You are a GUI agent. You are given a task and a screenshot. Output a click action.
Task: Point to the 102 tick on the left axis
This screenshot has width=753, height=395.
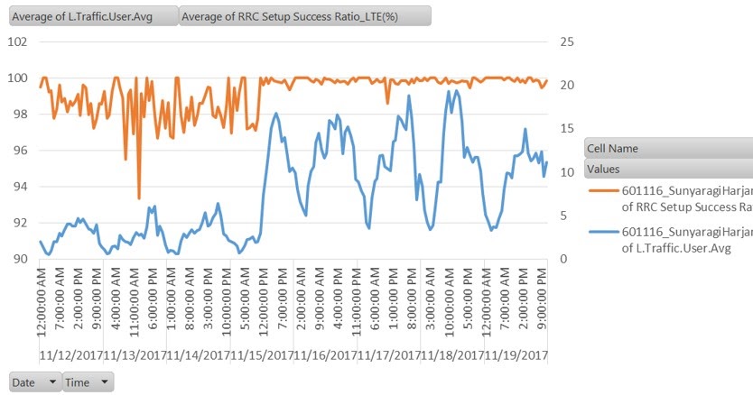point(18,41)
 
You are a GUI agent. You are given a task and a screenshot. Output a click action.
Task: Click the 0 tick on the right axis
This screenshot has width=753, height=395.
point(563,259)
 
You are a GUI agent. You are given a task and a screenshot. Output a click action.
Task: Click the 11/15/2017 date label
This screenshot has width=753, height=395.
point(262,355)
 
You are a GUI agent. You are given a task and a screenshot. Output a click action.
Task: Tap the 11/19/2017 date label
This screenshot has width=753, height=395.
point(515,355)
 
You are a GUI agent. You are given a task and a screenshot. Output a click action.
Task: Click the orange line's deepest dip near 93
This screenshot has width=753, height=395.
point(139,198)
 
